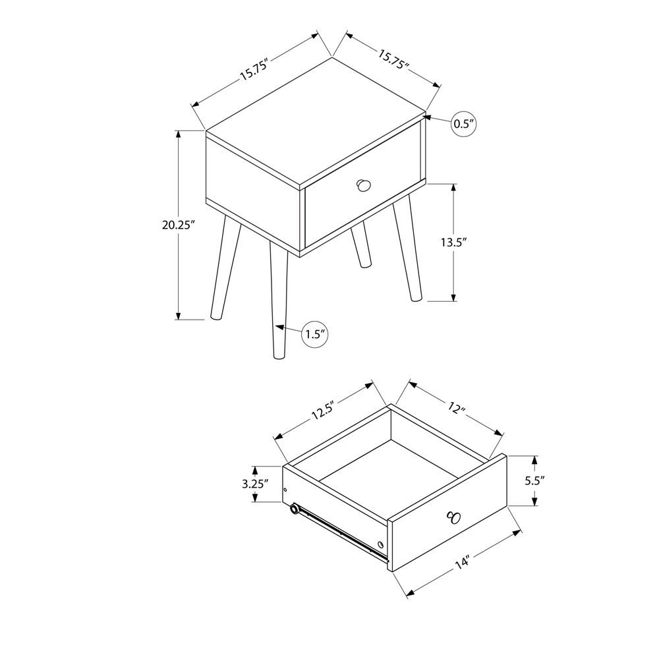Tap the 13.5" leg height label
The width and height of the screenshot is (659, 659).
click(454, 242)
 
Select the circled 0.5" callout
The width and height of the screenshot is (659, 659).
click(463, 124)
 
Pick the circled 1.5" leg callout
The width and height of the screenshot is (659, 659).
click(315, 334)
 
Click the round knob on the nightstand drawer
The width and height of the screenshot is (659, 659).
click(362, 186)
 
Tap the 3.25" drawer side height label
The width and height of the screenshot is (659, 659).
click(256, 483)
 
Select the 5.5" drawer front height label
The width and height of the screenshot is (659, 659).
click(534, 480)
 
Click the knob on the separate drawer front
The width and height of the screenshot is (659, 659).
click(453, 517)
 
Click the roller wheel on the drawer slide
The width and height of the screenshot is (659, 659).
click(294, 509)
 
